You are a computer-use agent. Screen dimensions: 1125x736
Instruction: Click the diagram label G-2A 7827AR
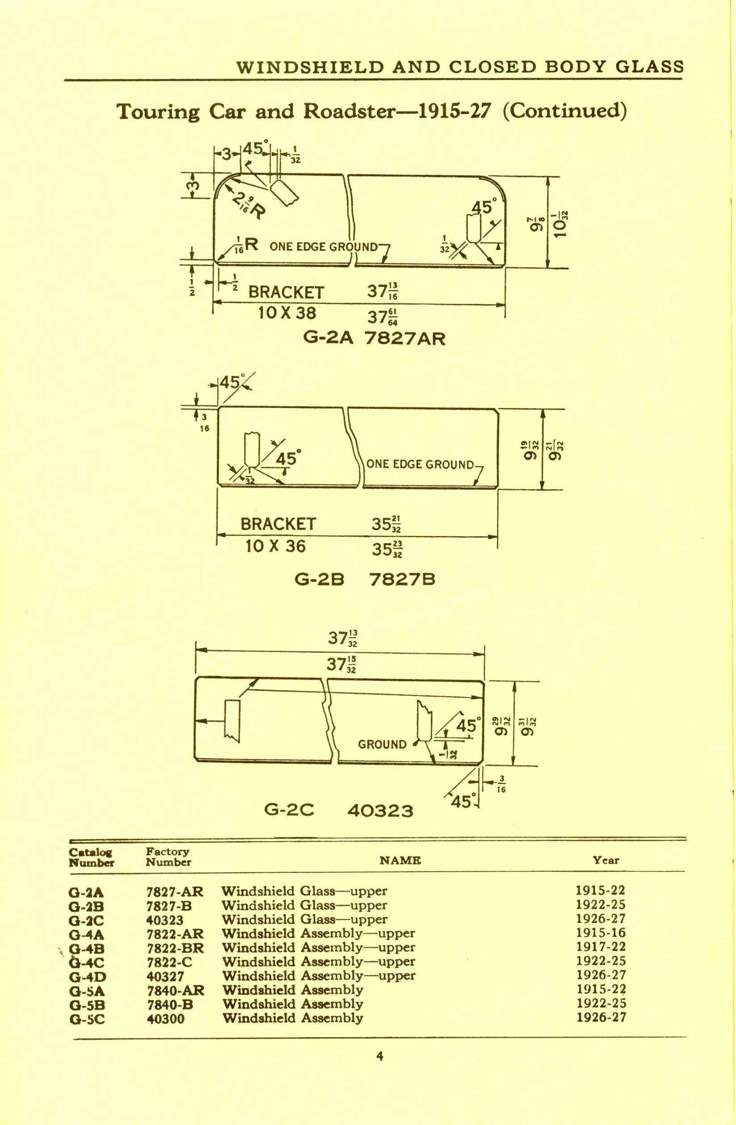point(374,339)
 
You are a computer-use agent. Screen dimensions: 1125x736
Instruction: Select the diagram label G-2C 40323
point(338,810)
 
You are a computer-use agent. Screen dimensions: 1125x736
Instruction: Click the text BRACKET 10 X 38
point(286,302)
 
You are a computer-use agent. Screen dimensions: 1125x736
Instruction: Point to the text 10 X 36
point(275,547)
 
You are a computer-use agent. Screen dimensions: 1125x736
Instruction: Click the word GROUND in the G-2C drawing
point(382,744)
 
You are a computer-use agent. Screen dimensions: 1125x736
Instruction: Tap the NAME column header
point(400,861)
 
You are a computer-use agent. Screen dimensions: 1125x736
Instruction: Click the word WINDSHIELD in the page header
point(309,67)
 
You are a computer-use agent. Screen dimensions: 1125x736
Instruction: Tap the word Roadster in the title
point(349,112)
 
